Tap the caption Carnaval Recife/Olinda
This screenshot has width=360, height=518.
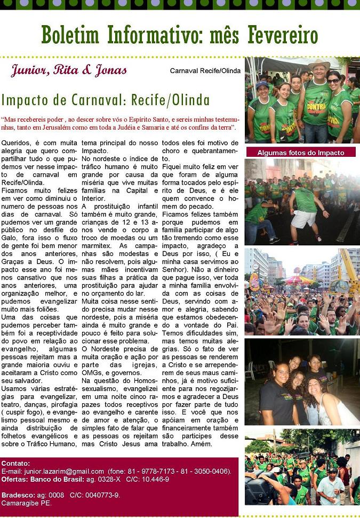pyautogui.click(x=205, y=70)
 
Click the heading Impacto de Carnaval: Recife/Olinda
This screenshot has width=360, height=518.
pyautogui.click(x=106, y=100)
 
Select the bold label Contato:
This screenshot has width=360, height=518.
pyautogui.click(x=15, y=463)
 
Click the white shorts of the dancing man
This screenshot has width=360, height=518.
pyautogui.click(x=304, y=218)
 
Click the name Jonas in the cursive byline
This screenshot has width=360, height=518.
pyautogui.click(x=110, y=70)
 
